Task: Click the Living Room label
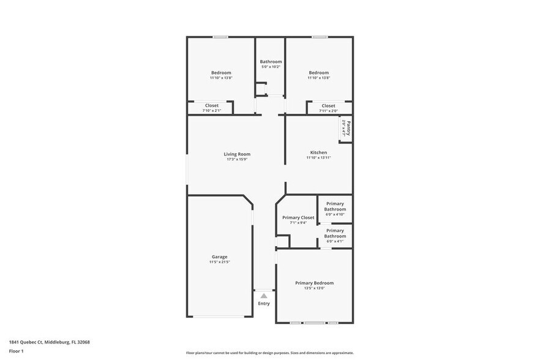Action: [x=237, y=154]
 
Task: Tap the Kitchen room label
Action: [x=318, y=152]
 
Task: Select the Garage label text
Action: [x=219, y=257]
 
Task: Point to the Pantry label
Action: [x=347, y=128]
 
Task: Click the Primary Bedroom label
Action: [x=314, y=283]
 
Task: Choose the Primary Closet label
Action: [x=298, y=217]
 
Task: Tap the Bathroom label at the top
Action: [x=271, y=61]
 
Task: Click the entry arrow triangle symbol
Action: [x=264, y=296]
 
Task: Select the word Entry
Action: [x=264, y=304]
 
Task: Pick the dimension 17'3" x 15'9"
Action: [x=237, y=160]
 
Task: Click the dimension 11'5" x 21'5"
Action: [x=219, y=262]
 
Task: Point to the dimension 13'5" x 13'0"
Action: [x=314, y=288]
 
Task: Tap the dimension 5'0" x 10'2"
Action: [x=271, y=67]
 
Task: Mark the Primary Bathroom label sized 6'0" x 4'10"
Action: [x=335, y=206]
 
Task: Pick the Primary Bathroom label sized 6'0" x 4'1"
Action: [x=335, y=233]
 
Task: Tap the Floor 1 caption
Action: [x=17, y=351]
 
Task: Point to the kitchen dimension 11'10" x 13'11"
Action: [x=318, y=158]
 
